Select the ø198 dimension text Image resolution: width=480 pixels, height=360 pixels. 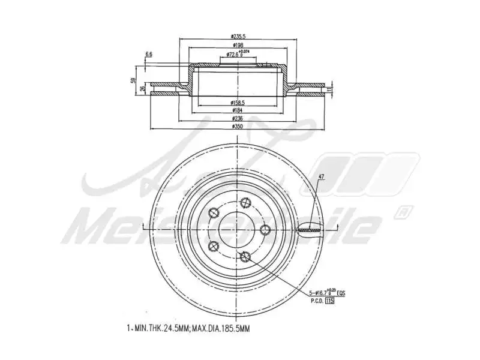[x=239, y=46]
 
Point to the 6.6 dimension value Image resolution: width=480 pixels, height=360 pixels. [x=149, y=55]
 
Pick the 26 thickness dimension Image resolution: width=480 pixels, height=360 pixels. [x=142, y=89]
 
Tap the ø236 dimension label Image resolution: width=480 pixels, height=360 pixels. [x=239, y=119]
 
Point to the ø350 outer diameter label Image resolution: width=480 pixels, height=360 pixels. [x=239, y=127]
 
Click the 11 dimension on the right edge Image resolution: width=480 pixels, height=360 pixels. [x=329, y=89]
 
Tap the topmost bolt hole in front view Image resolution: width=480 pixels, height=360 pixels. [x=244, y=203]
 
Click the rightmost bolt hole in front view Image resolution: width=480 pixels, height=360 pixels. [x=265, y=229]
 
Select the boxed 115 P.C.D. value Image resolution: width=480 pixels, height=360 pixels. [x=329, y=301]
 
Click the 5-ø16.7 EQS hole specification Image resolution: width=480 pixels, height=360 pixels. [x=326, y=293]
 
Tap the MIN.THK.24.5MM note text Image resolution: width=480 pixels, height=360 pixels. [x=162, y=328]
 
